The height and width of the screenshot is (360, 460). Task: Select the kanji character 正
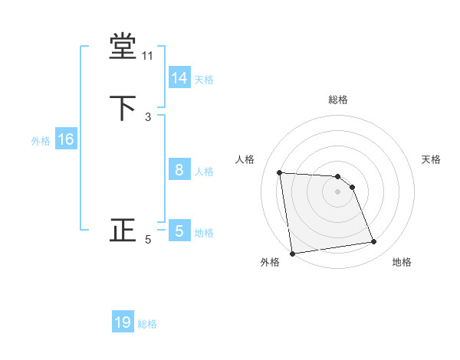click(x=123, y=230)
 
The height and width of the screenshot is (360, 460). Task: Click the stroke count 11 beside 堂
click(x=148, y=56)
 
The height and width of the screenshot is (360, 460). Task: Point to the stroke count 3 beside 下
click(x=148, y=116)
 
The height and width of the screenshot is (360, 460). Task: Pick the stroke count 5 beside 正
click(x=148, y=240)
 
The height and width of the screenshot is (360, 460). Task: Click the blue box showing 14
click(x=179, y=78)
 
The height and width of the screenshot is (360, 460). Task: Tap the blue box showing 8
click(x=179, y=171)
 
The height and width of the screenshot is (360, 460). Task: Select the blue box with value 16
click(x=65, y=139)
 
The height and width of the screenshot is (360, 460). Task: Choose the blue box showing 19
click(x=123, y=322)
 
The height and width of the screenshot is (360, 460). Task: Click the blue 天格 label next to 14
click(x=204, y=80)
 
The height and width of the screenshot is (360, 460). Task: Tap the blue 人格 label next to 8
click(x=204, y=172)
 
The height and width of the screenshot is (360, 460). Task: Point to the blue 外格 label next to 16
click(x=41, y=141)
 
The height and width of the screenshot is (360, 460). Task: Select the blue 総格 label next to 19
click(x=147, y=324)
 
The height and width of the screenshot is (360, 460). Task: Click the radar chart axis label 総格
click(x=338, y=100)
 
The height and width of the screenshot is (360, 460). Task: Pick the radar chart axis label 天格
click(x=432, y=159)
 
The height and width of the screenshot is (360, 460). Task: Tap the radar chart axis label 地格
click(x=402, y=262)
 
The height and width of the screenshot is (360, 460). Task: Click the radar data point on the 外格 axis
click(x=292, y=254)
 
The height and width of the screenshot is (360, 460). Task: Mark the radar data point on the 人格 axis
click(x=280, y=172)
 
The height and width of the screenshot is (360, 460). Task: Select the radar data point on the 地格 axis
click(x=374, y=242)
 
